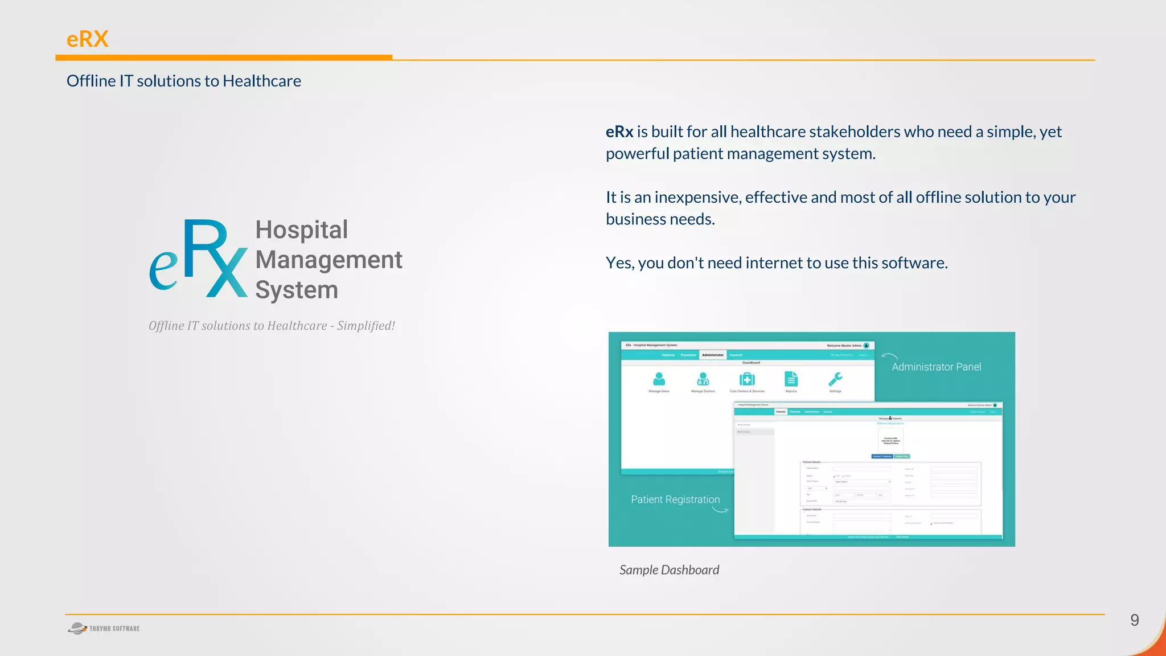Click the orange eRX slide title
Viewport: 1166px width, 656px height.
pyautogui.click(x=87, y=39)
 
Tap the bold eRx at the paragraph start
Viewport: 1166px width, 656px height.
pyautogui.click(x=619, y=132)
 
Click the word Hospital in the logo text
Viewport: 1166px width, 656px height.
pyautogui.click(x=301, y=230)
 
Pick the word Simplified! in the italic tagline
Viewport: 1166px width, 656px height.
pyautogui.click(x=366, y=326)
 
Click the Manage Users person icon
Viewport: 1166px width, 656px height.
pyautogui.click(x=659, y=379)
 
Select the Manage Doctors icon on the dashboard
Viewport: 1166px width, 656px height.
pyautogui.click(x=703, y=379)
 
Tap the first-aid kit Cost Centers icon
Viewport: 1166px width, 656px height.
pyautogui.click(x=747, y=379)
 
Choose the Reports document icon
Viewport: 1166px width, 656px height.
pyautogui.click(x=791, y=379)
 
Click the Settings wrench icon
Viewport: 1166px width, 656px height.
pyautogui.click(x=835, y=379)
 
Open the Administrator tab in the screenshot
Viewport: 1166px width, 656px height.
pyautogui.click(x=712, y=355)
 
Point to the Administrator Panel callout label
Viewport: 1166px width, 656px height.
pyautogui.click(x=936, y=367)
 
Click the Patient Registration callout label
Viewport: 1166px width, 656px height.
pyautogui.click(x=675, y=499)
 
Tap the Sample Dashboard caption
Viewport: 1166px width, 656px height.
pyautogui.click(x=669, y=570)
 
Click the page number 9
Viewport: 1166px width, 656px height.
pyautogui.click(x=1134, y=620)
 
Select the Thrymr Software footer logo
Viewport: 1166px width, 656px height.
pyautogui.click(x=104, y=629)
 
